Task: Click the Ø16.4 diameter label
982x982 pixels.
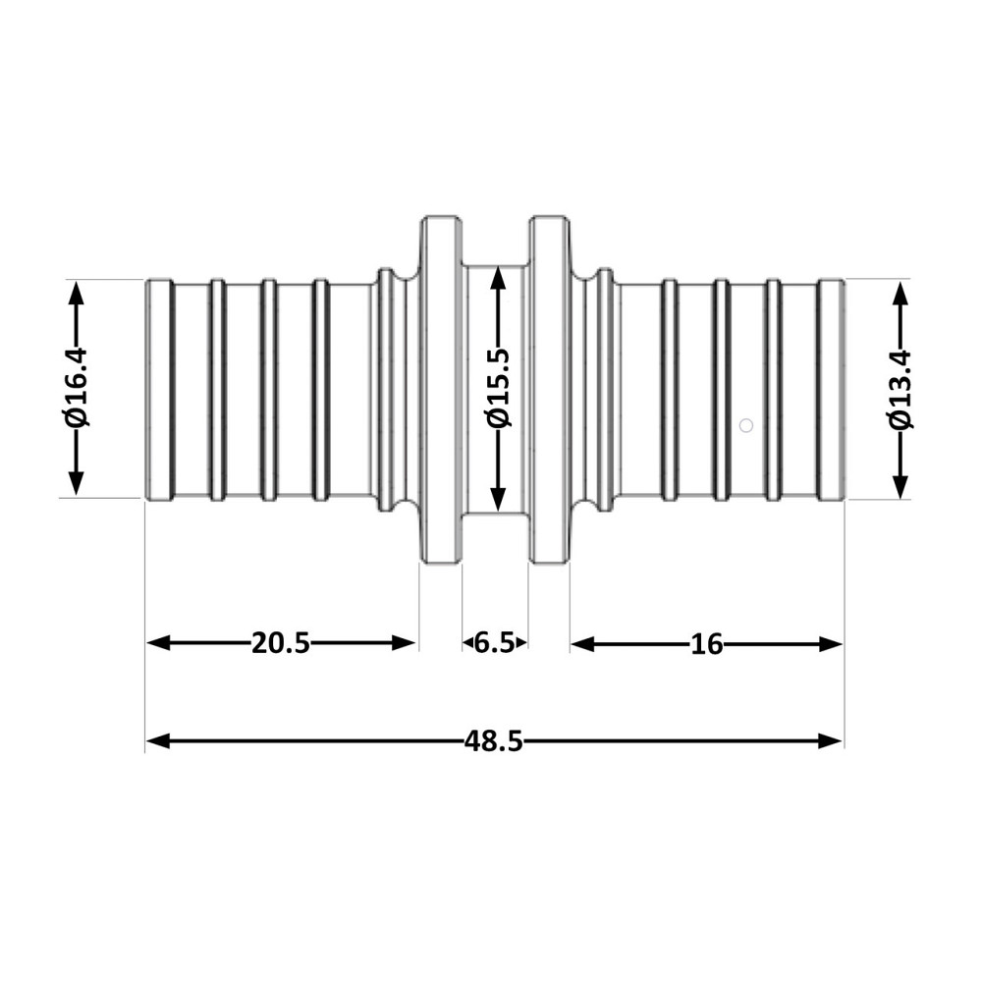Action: pos(77,388)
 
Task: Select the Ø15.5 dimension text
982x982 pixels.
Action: pos(499,388)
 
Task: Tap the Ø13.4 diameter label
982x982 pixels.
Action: pos(900,388)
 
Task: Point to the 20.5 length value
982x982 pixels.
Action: pos(281,643)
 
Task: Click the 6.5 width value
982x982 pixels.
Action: pos(494,643)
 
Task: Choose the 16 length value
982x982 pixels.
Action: pos(706,644)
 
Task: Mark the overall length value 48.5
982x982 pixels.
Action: pos(494,741)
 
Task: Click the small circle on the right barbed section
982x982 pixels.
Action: pos(746,425)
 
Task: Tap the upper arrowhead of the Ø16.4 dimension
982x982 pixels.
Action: pos(76,293)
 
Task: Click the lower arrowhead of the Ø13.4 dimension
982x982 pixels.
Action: pos(900,487)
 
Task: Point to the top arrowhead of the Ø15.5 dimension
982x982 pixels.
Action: pos(499,277)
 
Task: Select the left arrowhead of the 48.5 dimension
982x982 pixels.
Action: pos(158,741)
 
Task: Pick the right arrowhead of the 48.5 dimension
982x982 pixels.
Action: pos(831,741)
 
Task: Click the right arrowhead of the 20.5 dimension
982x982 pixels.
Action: pos(404,643)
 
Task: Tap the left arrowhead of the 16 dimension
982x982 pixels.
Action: pos(583,644)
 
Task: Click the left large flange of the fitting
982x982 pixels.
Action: pos(441,390)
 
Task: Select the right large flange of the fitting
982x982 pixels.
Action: pos(549,390)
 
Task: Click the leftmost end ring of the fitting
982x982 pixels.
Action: pos(159,390)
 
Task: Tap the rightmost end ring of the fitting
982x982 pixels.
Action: pos(831,390)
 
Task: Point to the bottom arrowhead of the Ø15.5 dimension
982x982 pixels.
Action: pos(499,499)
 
